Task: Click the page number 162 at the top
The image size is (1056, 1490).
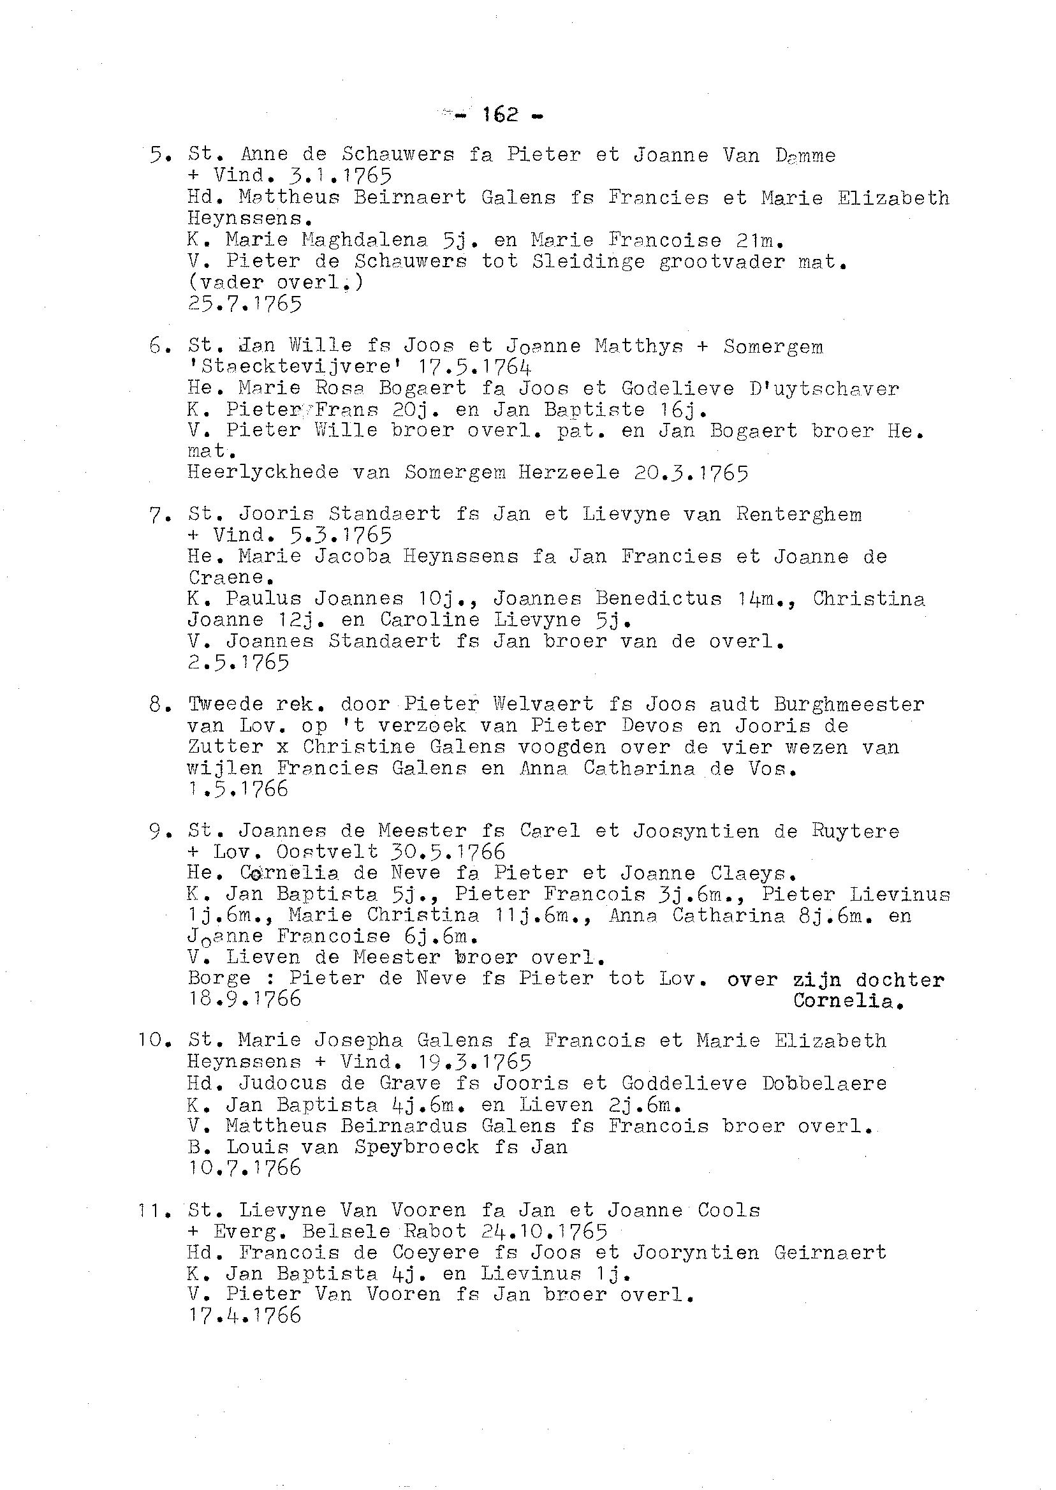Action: click(x=500, y=115)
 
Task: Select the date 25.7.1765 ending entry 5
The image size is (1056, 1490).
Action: click(x=244, y=304)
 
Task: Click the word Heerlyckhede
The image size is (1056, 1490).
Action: click(x=263, y=472)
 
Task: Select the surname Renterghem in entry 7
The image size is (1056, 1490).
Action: click(x=799, y=515)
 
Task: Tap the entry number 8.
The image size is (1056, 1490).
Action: click(x=159, y=704)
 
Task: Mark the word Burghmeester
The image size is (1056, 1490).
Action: click(x=849, y=704)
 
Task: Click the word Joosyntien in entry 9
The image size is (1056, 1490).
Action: click(x=696, y=831)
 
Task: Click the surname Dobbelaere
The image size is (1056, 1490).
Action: click(x=825, y=1084)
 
